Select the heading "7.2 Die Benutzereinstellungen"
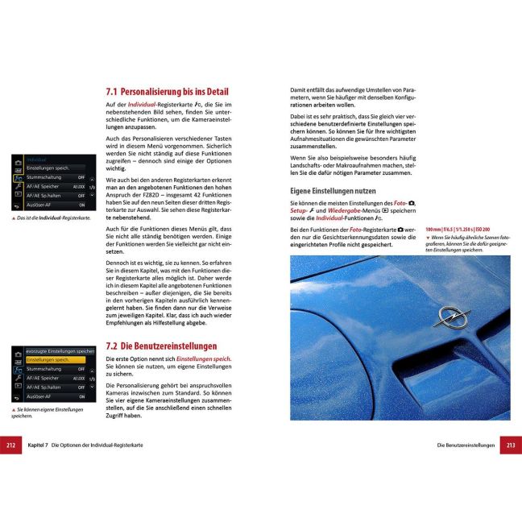click(162, 346)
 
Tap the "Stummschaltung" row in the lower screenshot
click(52, 369)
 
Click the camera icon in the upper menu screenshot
click(18, 167)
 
